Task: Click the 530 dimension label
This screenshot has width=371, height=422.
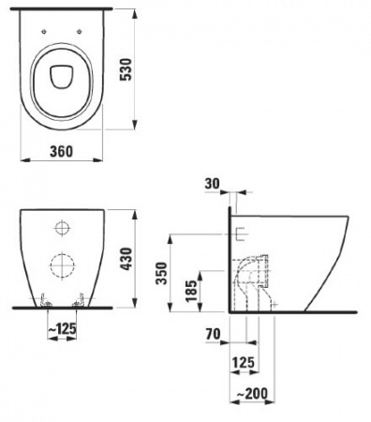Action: click(126, 69)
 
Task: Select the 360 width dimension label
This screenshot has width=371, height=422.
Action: click(62, 152)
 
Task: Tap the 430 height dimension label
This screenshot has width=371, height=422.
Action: click(127, 259)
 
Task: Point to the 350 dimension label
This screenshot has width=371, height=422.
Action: click(162, 273)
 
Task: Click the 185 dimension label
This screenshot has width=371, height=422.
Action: click(191, 291)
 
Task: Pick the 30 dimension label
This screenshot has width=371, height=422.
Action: click(213, 184)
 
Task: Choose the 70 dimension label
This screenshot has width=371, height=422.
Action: click(214, 334)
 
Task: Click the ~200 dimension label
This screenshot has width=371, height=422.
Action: click(252, 394)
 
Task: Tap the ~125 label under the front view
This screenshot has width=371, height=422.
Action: click(63, 328)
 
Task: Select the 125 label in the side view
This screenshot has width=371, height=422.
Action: click(244, 363)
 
